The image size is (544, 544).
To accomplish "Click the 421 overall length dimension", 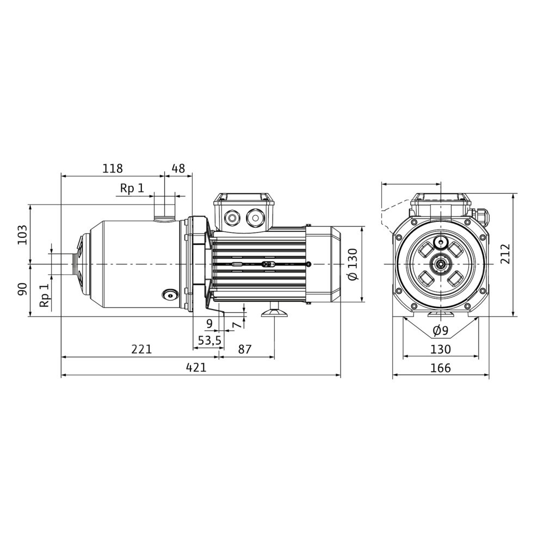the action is pos(196,367).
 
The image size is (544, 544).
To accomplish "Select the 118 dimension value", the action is pos(113,168).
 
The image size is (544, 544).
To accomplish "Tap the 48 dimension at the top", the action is pos(178,168).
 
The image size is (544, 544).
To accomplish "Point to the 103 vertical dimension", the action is pos(22,234).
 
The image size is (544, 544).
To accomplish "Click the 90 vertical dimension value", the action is pos(22,289).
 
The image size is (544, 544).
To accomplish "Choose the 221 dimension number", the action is pos(141,349).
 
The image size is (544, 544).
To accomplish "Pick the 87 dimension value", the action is pos(245,349).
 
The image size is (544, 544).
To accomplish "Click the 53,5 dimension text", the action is pos(209,341).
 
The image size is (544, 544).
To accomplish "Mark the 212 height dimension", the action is pos(505,254).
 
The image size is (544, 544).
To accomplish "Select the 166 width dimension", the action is pos(441,367).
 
